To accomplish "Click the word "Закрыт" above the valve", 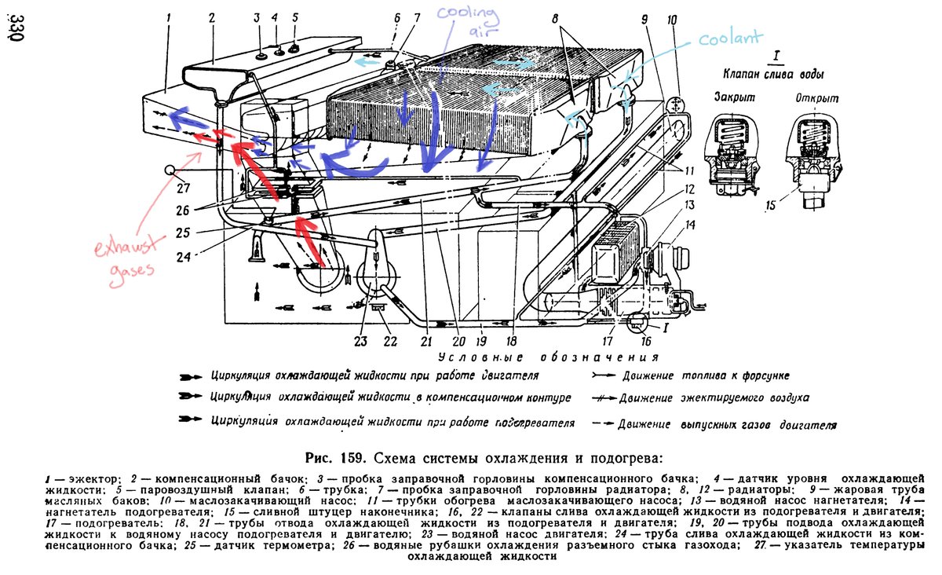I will [732, 100].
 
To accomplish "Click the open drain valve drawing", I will [814, 153].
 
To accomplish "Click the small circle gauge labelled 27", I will [169, 170].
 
